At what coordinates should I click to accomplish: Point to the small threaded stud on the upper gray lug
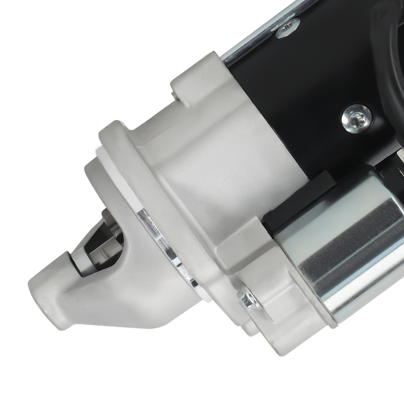[173, 94]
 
